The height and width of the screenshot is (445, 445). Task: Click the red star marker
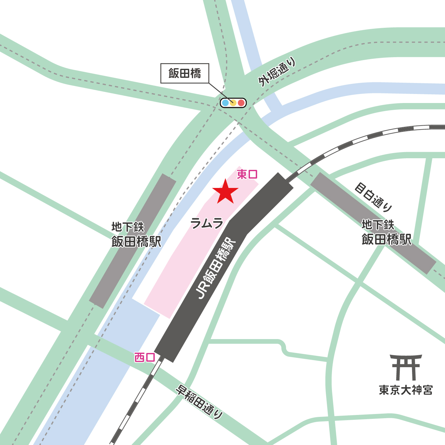point(225,192)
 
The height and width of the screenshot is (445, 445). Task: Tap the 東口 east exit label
point(247,174)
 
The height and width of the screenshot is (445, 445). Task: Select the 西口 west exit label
point(145,357)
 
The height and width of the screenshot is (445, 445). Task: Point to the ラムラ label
point(207,223)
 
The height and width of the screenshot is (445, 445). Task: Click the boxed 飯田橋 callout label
point(185,74)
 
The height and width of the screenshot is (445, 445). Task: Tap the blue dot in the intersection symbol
point(225,103)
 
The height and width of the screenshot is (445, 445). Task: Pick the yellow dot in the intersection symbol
point(233,103)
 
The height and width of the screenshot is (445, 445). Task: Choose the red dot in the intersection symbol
point(241,103)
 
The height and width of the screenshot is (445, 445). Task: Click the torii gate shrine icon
point(406,367)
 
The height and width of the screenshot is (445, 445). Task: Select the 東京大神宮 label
point(406,390)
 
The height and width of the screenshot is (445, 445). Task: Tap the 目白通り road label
point(373,197)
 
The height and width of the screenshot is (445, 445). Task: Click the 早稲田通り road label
point(199,402)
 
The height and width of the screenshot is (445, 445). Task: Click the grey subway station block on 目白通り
point(373,223)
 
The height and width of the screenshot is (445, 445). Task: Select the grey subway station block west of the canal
point(132,241)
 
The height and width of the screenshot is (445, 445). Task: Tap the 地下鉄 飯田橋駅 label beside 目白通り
point(386,233)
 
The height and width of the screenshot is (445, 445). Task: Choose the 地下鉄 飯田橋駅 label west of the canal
point(136,234)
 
